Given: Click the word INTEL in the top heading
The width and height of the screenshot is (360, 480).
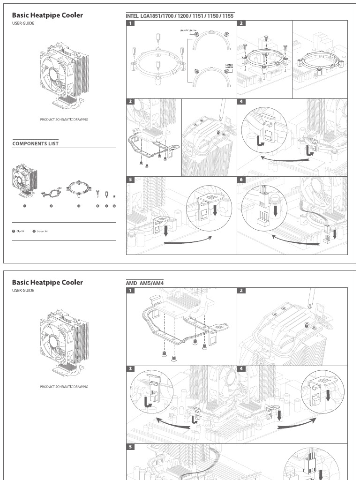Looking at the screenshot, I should (132, 15).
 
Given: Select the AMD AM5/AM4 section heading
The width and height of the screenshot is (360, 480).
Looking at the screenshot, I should (145, 283).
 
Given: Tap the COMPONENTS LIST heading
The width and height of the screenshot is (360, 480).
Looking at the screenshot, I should (35, 143).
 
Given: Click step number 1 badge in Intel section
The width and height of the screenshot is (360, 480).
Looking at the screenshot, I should (131, 23).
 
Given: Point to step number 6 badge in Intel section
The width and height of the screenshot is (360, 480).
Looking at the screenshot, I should (241, 180).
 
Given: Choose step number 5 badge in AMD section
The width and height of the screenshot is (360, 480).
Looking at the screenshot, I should (131, 447).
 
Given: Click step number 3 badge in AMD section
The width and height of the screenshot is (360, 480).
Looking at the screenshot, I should (131, 369).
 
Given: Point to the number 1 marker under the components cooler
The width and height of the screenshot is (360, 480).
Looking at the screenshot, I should (24, 206).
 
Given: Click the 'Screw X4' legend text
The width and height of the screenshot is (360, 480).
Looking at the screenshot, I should (42, 231).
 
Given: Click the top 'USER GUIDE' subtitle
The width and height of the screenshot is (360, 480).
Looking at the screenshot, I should (23, 23).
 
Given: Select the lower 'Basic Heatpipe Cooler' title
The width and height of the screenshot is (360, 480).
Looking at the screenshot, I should (47, 282).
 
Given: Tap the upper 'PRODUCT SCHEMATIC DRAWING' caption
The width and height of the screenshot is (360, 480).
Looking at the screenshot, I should (64, 120).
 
